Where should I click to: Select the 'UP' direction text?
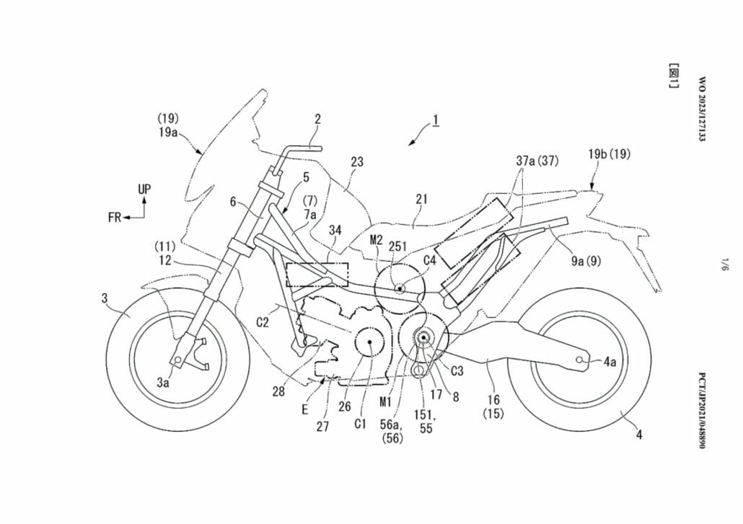144,190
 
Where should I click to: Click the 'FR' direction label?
115,217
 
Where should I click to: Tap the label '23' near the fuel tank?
357,163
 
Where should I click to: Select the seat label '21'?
421,198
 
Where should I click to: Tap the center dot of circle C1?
369,345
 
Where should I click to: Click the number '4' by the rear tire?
639,434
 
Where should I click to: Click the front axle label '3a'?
164,384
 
